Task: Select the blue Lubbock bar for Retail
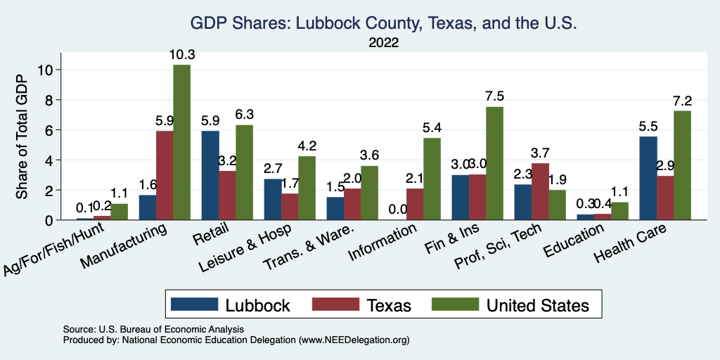210,175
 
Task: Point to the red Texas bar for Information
415,204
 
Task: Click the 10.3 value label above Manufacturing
181,54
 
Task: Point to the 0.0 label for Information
397,209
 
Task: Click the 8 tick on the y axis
48,100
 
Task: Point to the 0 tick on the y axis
48,220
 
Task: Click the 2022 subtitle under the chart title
383,42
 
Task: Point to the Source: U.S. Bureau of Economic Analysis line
153,329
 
